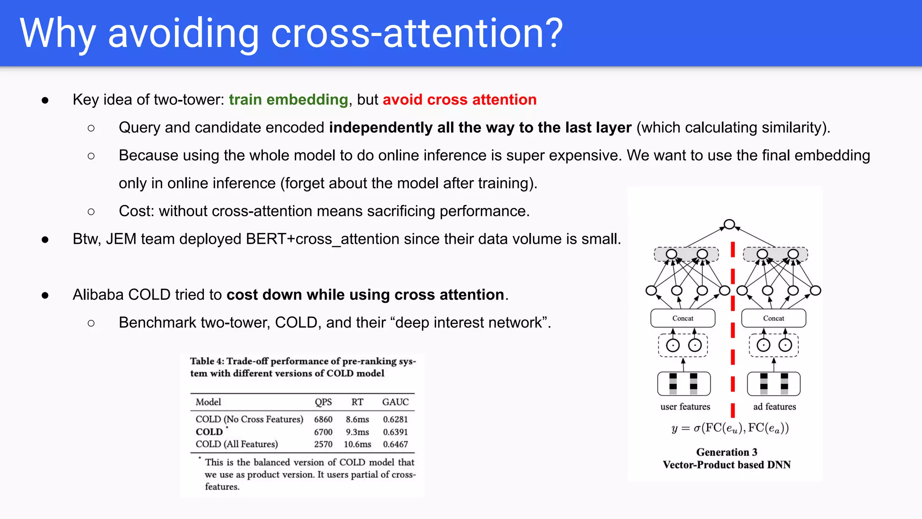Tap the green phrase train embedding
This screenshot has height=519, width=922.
coord(288,100)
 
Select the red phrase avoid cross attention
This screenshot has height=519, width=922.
coord(459,100)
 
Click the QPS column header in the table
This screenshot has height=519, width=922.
coord(323,402)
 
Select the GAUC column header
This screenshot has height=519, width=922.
coord(395,402)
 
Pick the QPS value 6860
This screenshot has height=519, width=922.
coord(323,419)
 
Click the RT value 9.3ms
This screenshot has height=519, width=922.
coord(357,432)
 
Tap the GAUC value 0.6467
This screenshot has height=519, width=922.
coord(395,444)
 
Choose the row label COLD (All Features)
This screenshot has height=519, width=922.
coord(236,444)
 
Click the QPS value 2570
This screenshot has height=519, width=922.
coord(323,444)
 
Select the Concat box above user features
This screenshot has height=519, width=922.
coord(682,318)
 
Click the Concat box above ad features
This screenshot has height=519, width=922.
coord(773,318)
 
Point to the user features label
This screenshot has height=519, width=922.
coord(685,407)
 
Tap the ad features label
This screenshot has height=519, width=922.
coord(774,407)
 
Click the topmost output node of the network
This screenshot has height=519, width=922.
coord(729,224)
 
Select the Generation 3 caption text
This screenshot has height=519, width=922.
coord(727,452)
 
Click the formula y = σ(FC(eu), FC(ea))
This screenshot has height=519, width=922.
coord(730,428)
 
